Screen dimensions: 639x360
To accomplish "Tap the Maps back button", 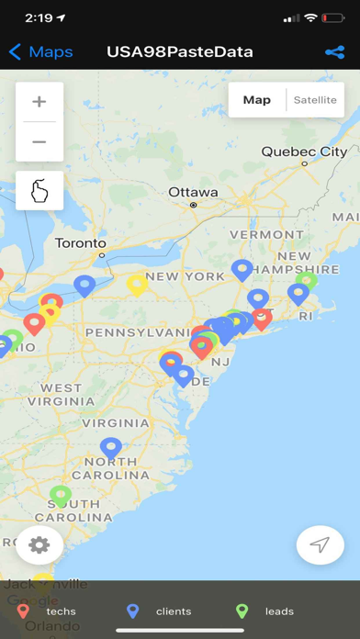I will pyautogui.click(x=41, y=52).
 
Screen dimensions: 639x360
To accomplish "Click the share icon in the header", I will pyautogui.click(x=334, y=52).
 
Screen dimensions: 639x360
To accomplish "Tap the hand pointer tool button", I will pyautogui.click(x=39, y=190).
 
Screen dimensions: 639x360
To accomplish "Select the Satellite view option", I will pyautogui.click(x=315, y=100).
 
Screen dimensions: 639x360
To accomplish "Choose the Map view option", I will pyautogui.click(x=257, y=100).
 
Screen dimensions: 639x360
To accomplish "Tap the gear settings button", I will pyautogui.click(x=39, y=544).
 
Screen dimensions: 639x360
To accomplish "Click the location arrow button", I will pyautogui.click(x=320, y=544).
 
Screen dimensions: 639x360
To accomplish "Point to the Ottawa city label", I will pyautogui.click(x=193, y=193).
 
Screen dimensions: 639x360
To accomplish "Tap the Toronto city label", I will pyautogui.click(x=81, y=243).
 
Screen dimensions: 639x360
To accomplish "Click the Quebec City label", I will pyautogui.click(x=304, y=151).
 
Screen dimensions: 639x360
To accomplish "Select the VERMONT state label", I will pyautogui.click(x=266, y=234).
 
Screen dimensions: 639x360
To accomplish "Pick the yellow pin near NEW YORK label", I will pyautogui.click(x=137, y=284).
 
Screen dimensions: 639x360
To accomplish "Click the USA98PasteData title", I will pyautogui.click(x=180, y=52).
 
